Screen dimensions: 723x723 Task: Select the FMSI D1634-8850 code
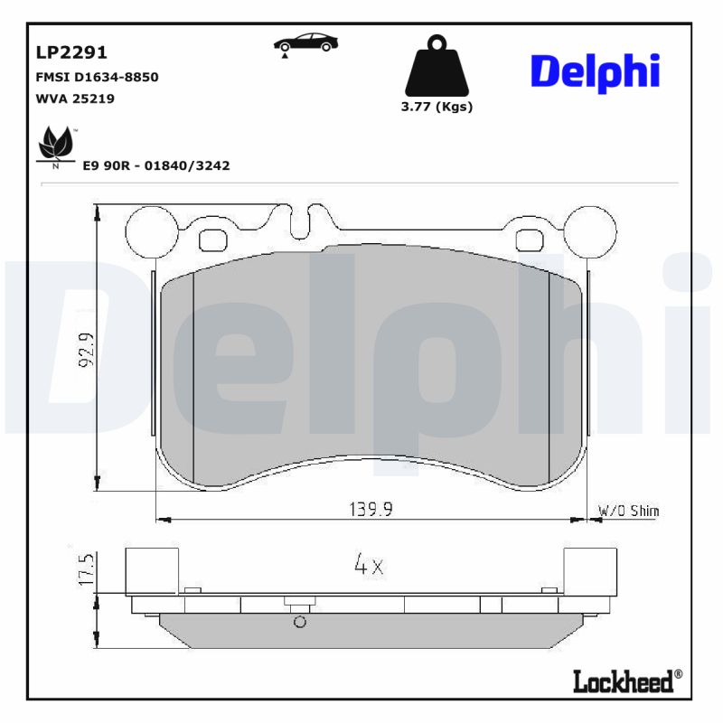tap(96, 77)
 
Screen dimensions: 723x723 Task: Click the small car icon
tap(305, 42)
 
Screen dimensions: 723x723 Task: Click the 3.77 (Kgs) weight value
tap(437, 106)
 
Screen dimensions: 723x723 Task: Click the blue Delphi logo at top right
tap(595, 71)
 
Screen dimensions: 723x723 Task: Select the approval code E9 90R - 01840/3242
tap(155, 165)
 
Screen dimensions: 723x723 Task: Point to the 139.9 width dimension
tap(371, 509)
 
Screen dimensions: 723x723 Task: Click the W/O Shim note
tap(629, 511)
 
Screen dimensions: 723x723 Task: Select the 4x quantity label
tap(369, 567)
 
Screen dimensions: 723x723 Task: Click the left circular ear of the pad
tap(150, 231)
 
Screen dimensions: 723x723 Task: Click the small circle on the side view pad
tap(300, 622)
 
